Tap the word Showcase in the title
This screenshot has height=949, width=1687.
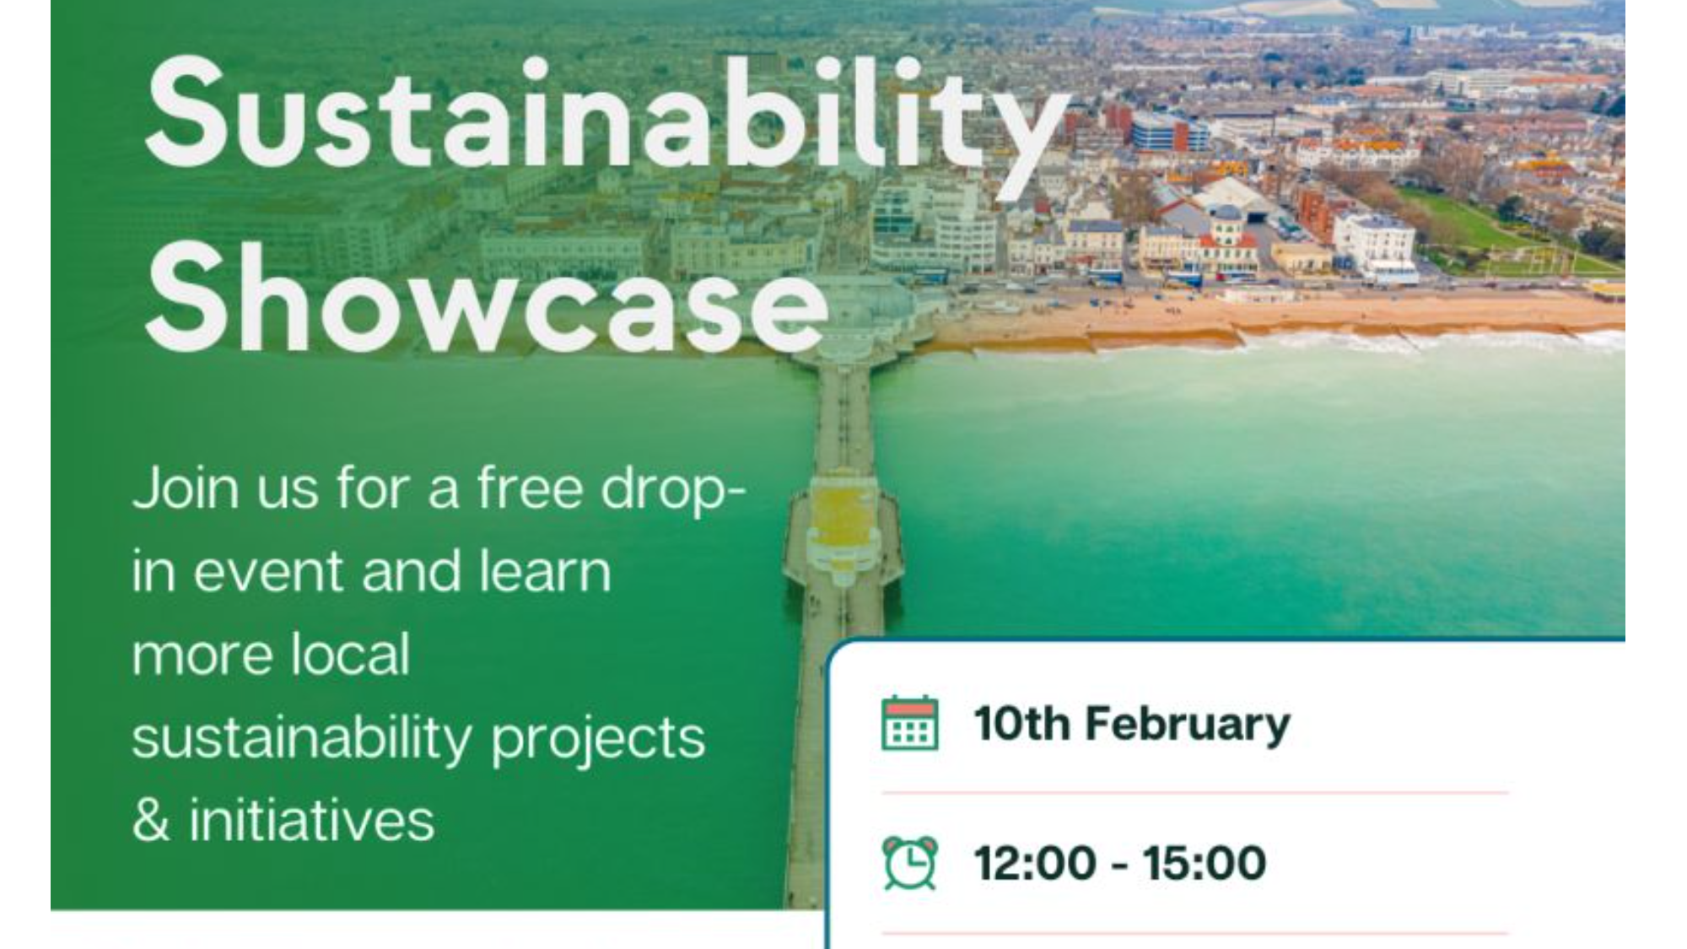[487, 299]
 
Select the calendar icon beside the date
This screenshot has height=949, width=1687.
[909, 723]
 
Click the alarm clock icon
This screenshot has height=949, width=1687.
[909, 862]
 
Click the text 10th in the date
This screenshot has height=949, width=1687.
[1021, 724]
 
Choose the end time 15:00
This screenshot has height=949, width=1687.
[1205, 863]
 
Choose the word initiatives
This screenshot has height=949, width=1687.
[311, 820]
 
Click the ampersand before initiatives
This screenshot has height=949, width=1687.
[151, 820]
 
